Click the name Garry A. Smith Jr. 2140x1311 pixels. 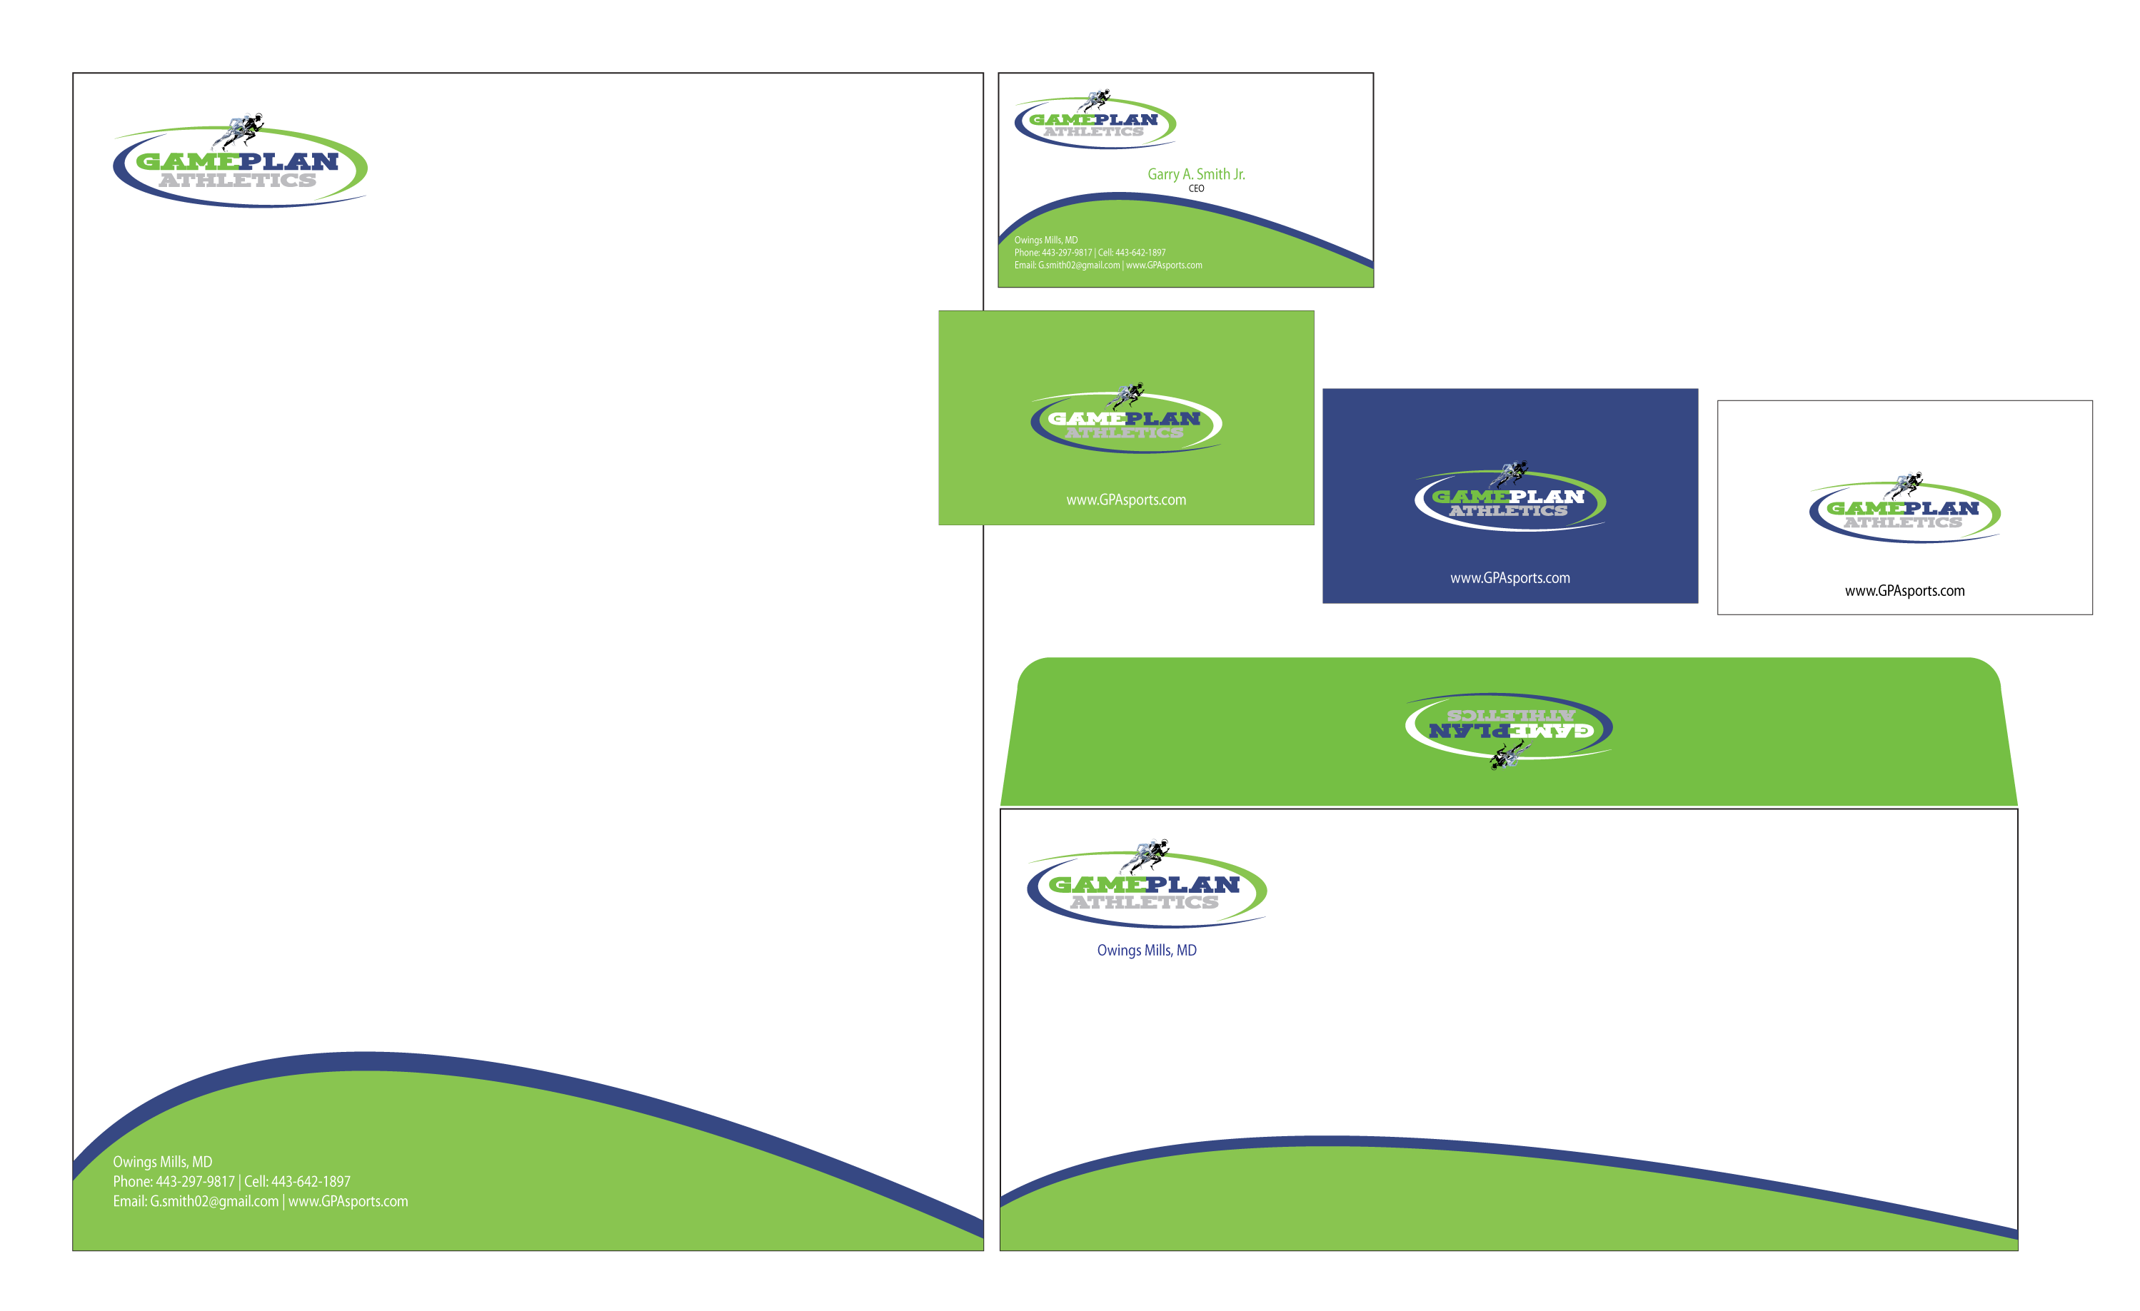tap(1196, 175)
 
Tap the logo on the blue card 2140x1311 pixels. tap(1509, 500)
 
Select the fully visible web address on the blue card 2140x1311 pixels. tap(1509, 578)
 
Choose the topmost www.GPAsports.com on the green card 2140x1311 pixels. tap(1125, 500)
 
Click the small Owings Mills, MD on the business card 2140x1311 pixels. tap(1045, 241)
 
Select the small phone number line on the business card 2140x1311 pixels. tap(1090, 253)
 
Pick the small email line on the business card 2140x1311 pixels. tap(1108, 265)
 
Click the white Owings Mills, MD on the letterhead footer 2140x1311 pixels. tap(162, 1162)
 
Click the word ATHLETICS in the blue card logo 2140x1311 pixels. tap(1508, 512)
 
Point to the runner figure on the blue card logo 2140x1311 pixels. tap(1510, 472)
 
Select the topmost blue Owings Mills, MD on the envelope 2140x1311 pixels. tap(1147, 951)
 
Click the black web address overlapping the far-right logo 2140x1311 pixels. tap(1904, 590)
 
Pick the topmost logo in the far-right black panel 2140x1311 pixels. tap(1904, 512)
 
